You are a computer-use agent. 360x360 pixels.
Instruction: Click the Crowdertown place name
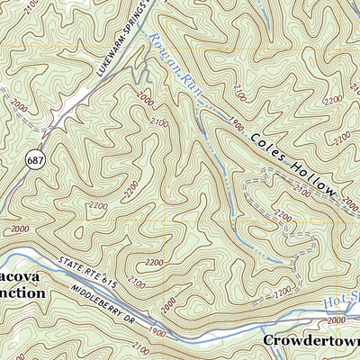(x=310, y=341)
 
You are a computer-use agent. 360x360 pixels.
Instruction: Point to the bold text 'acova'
(x=18, y=275)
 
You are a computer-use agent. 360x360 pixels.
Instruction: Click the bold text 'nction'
(x=20, y=292)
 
